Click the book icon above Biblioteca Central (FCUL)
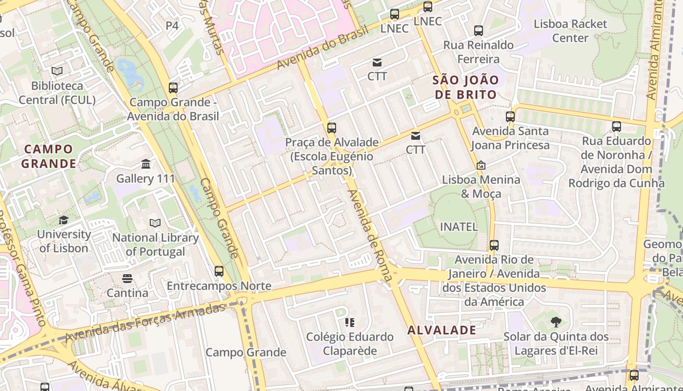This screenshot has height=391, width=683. click(x=57, y=71)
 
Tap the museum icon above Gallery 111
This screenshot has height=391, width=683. click(x=145, y=164)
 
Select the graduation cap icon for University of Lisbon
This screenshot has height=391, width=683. click(x=63, y=220)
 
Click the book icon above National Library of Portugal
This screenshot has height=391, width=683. click(x=155, y=223)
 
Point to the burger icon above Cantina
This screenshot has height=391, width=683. click(x=127, y=279)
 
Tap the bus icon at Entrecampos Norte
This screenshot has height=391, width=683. click(x=219, y=271)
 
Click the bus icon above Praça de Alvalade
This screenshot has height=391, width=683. click(x=332, y=128)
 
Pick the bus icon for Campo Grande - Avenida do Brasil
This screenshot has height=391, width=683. click(x=173, y=88)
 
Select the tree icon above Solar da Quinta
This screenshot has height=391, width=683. click(x=556, y=322)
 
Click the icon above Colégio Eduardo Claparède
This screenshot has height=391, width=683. click(x=349, y=322)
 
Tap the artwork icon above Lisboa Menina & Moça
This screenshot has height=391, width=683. click(x=481, y=165)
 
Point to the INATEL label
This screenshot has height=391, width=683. click(x=459, y=226)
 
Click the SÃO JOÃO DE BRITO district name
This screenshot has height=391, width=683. click(x=466, y=87)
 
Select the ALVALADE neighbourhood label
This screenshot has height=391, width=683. click(x=442, y=330)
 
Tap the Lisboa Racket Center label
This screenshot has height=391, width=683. click(x=570, y=30)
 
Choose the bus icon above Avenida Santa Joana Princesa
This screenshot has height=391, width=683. click(x=510, y=117)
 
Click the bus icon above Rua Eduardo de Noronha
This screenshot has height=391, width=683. click(x=617, y=127)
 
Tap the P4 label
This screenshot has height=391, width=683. click(x=172, y=25)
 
